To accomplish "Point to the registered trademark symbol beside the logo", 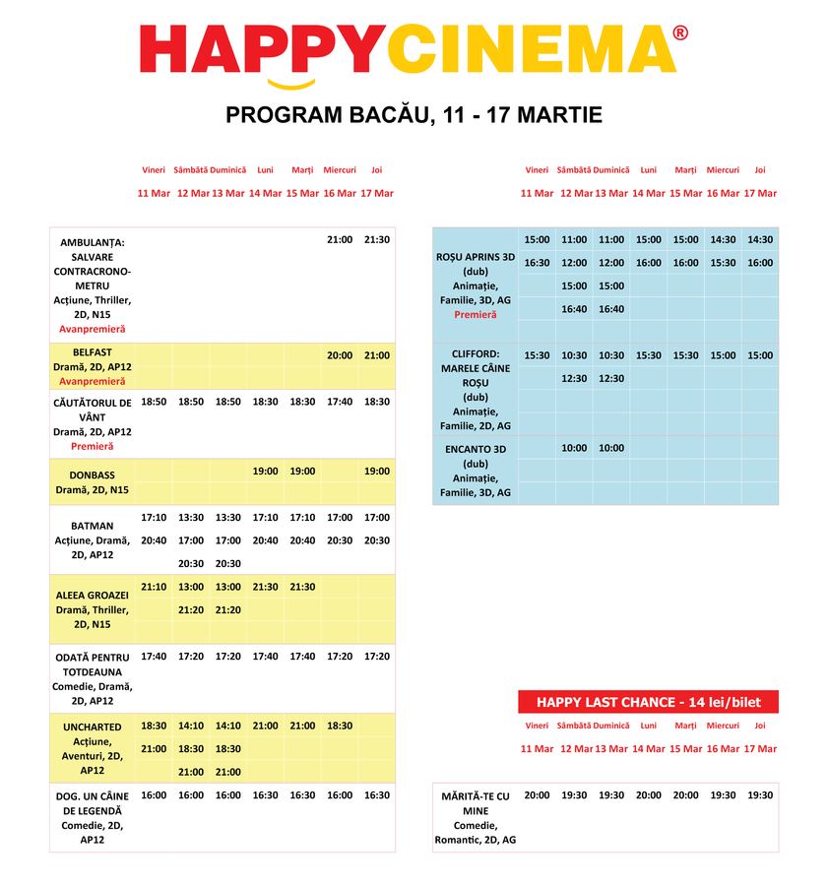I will pyautogui.click(x=680, y=32).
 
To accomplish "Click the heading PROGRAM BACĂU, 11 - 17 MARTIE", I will pyautogui.click(x=414, y=115).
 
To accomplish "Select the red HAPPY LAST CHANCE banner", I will pyautogui.click(x=648, y=702).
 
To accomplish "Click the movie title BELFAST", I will pyautogui.click(x=93, y=351).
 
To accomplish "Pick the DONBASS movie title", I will pyautogui.click(x=93, y=475).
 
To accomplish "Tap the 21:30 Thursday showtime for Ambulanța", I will pyautogui.click(x=377, y=239).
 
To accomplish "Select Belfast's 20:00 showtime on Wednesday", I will pyautogui.click(x=340, y=355).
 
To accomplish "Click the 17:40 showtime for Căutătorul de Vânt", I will pyautogui.click(x=340, y=402).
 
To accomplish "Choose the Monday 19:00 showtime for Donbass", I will pyautogui.click(x=266, y=471).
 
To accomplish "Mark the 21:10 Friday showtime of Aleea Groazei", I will pyautogui.click(x=154, y=587).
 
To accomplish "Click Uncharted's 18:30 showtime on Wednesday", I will pyautogui.click(x=340, y=726).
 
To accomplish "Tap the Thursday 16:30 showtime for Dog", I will pyautogui.click(x=377, y=794).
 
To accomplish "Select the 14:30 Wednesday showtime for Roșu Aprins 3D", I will pyautogui.click(x=723, y=239).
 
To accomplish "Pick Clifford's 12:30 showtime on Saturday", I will pyautogui.click(x=574, y=378).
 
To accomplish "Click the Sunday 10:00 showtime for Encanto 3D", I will pyautogui.click(x=611, y=448).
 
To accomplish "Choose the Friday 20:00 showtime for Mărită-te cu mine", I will pyautogui.click(x=537, y=794).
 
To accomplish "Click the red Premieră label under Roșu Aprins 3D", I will pyautogui.click(x=476, y=315).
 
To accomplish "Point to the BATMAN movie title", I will pyautogui.click(x=93, y=526).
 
